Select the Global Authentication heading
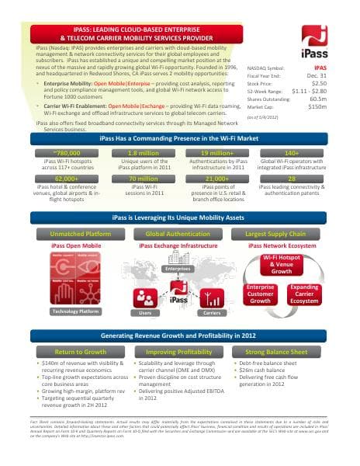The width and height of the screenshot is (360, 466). click(178, 233)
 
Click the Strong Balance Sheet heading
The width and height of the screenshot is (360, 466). click(276, 352)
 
